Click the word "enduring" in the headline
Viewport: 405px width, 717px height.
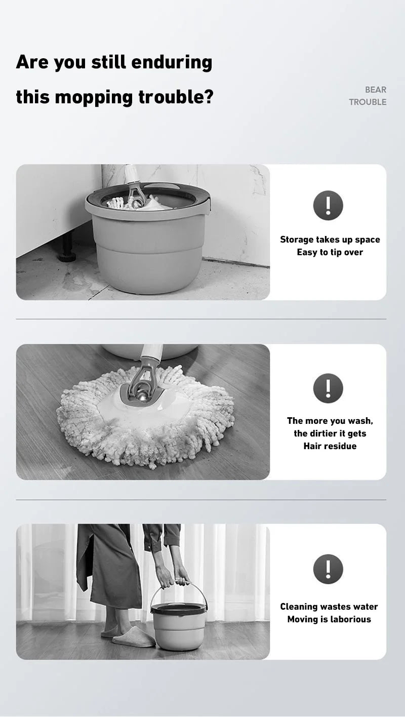[172, 62]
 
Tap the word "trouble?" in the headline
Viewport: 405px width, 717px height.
[176, 97]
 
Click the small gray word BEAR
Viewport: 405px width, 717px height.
[376, 90]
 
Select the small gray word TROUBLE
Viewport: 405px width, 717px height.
[368, 102]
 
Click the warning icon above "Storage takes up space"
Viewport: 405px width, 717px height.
[328, 205]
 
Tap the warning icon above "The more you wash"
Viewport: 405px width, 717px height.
[328, 388]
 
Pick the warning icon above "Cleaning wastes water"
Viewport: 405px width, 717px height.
[328, 569]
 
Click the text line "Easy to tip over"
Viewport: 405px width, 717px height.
[330, 252]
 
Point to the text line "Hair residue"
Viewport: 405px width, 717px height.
[330, 446]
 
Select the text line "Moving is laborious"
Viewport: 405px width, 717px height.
[329, 619]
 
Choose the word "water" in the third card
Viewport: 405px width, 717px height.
[367, 607]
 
